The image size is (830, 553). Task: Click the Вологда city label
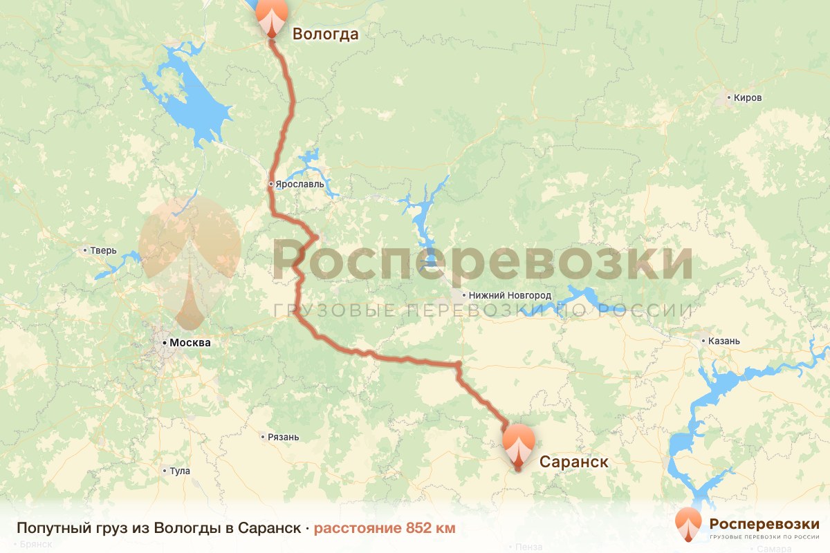tap(325, 34)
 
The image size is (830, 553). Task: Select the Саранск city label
tap(573, 461)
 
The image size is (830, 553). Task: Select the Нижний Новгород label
tap(510, 295)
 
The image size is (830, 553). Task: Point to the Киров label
tap(748, 97)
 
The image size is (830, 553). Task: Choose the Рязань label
tap(284, 437)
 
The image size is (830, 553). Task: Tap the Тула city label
tap(179, 471)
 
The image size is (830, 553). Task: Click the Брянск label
tap(36, 545)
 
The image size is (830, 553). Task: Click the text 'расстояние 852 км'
tap(385, 528)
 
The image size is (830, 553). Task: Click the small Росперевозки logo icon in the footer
tap(688, 525)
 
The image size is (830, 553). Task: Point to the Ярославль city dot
tap(272, 185)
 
